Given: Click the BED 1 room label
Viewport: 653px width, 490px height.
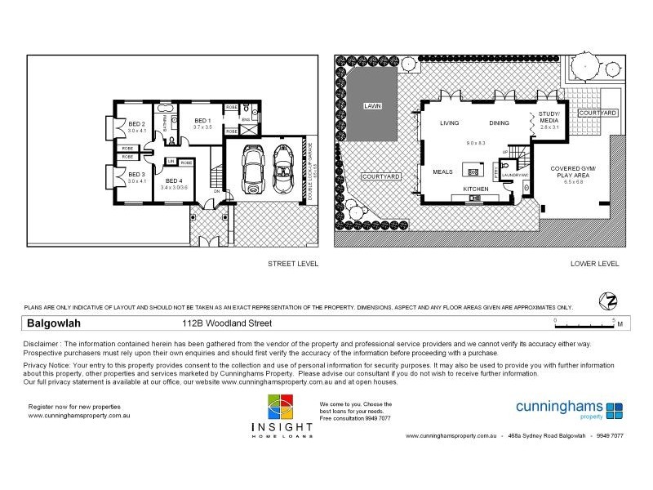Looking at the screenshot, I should [x=202, y=121].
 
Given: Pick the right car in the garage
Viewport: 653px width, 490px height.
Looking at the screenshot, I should [x=284, y=167].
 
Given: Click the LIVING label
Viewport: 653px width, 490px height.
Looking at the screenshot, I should [x=450, y=123].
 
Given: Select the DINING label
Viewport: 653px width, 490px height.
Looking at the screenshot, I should [x=500, y=123].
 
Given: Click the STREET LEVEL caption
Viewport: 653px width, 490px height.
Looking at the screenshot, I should [x=293, y=264].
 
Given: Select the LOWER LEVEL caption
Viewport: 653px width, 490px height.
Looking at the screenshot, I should [x=595, y=264].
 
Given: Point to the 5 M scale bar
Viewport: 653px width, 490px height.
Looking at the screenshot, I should [x=586, y=322].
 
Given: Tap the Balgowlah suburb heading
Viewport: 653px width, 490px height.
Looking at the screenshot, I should [x=51, y=323].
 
